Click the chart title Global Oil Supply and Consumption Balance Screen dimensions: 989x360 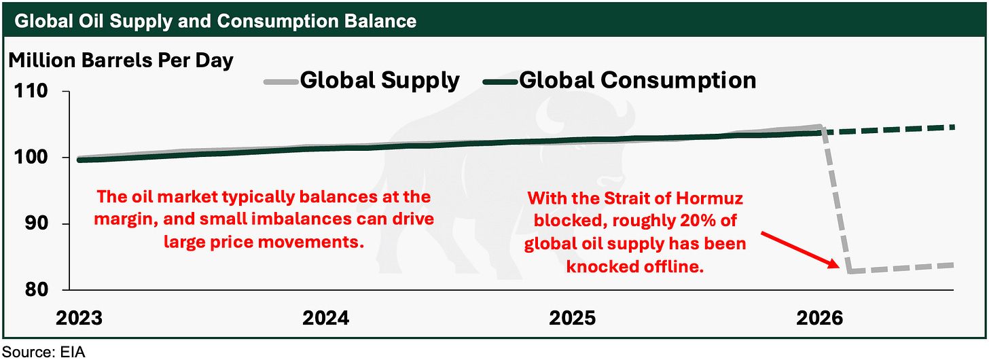pos(215,21)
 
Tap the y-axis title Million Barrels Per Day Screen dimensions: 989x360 pos(121,61)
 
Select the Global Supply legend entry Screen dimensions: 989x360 pos(362,81)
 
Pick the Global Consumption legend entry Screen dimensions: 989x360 pos(619,81)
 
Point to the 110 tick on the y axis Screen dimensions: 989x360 pos(31,91)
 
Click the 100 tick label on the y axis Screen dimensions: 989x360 pos(31,158)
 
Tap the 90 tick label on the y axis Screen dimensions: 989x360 pos(36,223)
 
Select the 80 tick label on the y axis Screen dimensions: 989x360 pos(36,290)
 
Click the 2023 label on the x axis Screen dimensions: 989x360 pos(79,318)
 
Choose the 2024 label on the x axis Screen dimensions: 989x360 pos(326,318)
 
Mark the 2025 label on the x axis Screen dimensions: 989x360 pos(573,318)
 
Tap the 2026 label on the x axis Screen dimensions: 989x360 pos(819,318)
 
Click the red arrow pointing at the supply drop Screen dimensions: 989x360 pos(800,249)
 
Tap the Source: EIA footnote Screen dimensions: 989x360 pos(43,352)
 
